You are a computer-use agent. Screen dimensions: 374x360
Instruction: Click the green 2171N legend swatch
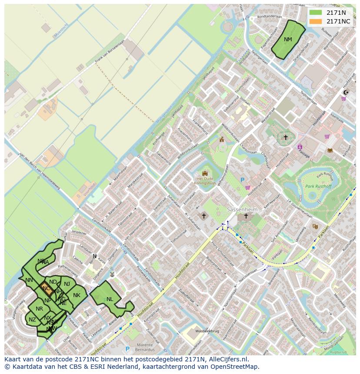tap(316, 13)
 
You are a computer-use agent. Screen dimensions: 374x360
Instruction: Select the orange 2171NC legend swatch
tap(316, 21)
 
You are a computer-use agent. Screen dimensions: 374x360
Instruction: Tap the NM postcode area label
tap(288, 40)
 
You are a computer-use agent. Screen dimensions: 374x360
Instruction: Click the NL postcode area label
tap(110, 299)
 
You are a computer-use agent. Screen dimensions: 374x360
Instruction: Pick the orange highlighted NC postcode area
tap(46, 288)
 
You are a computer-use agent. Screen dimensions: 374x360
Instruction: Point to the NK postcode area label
tap(77, 295)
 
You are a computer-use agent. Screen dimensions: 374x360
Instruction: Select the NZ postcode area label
tap(32, 320)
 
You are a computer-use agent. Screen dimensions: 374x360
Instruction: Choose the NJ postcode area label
tap(67, 284)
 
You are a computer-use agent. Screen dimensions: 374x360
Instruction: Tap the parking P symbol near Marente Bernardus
tap(127, 349)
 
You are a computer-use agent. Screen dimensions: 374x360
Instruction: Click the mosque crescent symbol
tap(346, 92)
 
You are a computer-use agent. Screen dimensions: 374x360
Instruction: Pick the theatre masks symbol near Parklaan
tap(315, 226)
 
